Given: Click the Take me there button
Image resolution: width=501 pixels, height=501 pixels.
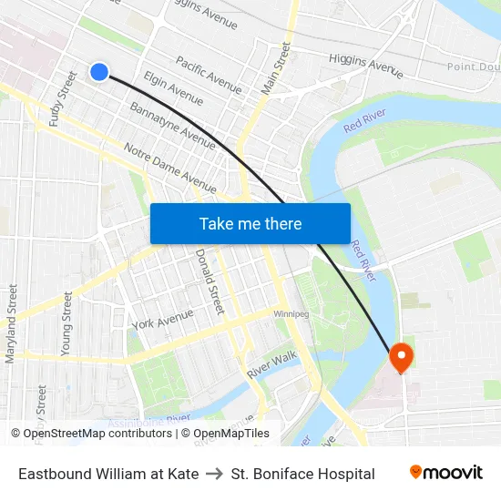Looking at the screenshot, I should point(250,223).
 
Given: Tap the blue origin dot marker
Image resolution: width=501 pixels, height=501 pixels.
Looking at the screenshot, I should point(99,71).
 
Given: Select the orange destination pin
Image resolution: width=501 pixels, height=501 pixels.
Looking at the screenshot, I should point(401,357).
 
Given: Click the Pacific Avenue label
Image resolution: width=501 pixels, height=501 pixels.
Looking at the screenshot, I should point(209,76).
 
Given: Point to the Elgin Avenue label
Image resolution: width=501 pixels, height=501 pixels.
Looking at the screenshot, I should point(173,88).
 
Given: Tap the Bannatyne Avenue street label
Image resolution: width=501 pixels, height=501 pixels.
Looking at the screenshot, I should point(172,126).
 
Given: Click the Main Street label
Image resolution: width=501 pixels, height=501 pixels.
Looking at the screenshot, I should point(275,68).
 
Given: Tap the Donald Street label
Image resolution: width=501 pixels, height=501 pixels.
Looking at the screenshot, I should point(210,282).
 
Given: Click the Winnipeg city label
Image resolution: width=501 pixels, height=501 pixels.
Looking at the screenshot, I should point(291,314).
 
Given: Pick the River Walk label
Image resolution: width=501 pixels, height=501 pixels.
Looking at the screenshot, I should point(271,364).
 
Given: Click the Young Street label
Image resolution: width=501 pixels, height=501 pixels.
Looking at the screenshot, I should point(66,323).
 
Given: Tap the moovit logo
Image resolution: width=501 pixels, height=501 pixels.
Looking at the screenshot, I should point(446,472).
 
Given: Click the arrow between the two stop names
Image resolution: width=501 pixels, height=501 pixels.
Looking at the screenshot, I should point(215,474).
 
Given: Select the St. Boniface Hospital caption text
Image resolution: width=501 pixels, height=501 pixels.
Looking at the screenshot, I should point(302,474).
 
